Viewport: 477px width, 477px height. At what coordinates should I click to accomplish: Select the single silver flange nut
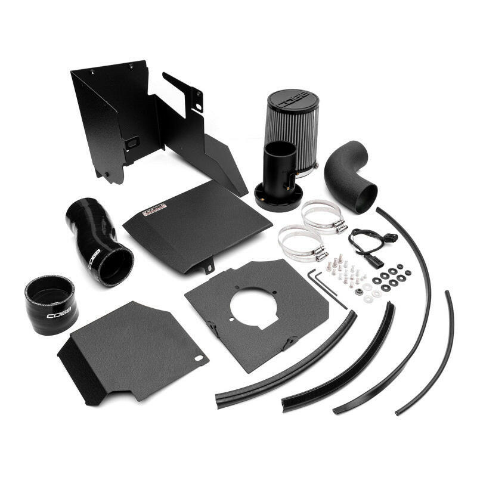[x=360, y=292]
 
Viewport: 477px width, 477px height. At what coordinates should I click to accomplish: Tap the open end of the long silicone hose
[x=114, y=265]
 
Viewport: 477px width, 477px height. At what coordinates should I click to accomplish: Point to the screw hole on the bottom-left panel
[x=199, y=358]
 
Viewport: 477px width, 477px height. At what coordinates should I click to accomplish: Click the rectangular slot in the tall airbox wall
[x=132, y=142]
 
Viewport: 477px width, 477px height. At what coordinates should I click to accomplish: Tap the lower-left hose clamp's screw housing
[x=321, y=253]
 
